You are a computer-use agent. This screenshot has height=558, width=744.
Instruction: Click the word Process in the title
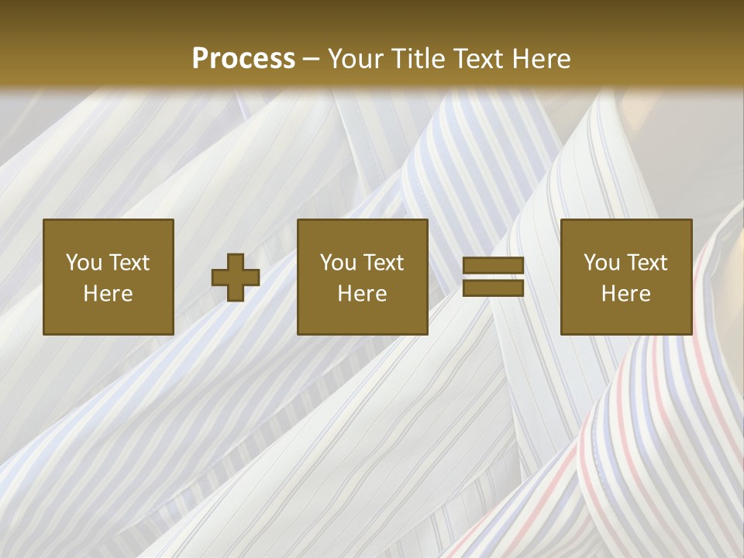tap(243, 59)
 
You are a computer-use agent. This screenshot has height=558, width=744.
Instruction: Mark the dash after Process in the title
tap(311, 60)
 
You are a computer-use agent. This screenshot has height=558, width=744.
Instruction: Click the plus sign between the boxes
tap(236, 277)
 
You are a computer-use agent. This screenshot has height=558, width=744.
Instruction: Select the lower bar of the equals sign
tap(493, 288)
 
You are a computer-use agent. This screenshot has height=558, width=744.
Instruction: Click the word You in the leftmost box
tap(84, 263)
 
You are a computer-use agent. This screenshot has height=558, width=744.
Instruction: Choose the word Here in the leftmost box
tap(108, 294)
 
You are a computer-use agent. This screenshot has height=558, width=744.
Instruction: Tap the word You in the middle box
tap(338, 263)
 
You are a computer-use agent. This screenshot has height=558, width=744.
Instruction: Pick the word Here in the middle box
tap(362, 294)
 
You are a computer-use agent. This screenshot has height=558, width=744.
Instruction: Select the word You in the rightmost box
tap(601, 263)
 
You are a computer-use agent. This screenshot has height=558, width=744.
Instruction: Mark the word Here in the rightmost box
tap(625, 294)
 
